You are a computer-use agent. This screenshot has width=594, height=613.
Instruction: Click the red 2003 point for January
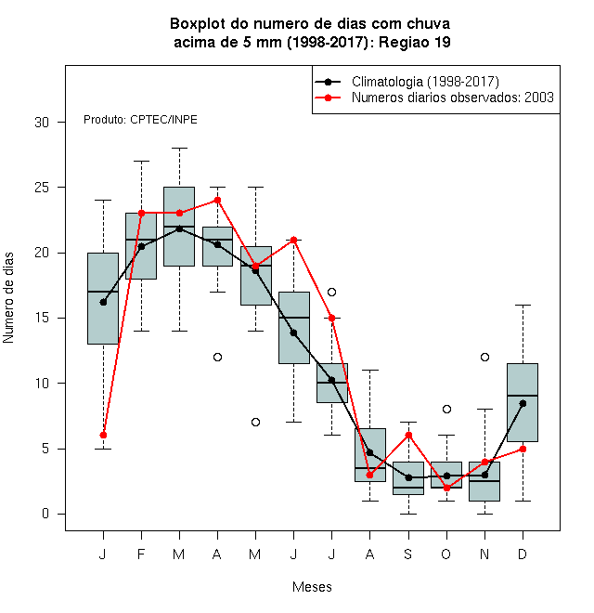click(103, 435)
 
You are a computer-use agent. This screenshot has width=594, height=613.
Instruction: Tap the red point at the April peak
click(218, 201)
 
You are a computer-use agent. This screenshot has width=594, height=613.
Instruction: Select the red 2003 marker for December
click(523, 449)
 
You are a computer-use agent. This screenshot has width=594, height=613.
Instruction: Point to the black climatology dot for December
click(523, 403)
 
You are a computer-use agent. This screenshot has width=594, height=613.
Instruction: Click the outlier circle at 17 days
click(331, 292)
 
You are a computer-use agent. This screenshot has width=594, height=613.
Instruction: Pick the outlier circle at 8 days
click(446, 409)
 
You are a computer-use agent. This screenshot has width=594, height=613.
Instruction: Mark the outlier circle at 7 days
click(255, 423)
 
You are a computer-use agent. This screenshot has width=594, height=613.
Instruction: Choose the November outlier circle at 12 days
click(484, 357)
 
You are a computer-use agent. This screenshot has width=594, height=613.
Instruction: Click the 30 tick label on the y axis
click(42, 123)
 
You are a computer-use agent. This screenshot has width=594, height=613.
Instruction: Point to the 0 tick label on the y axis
click(45, 514)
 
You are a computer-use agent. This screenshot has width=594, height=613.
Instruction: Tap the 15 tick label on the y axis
click(42, 318)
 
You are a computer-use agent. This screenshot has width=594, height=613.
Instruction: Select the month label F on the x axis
click(141, 554)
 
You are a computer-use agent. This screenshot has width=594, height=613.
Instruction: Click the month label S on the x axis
click(408, 554)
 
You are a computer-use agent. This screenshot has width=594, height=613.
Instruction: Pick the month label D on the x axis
click(523, 554)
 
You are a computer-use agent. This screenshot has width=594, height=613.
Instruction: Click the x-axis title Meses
click(312, 587)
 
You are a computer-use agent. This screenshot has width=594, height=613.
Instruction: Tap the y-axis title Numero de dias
click(8, 298)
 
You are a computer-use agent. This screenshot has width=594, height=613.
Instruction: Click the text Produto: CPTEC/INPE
click(140, 120)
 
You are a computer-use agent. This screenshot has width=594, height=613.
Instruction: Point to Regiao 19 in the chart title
click(415, 42)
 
